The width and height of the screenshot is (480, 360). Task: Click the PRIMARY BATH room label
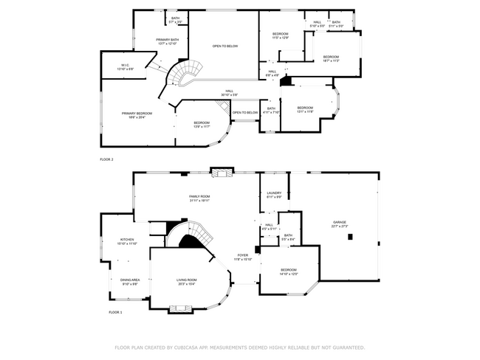click(168, 39)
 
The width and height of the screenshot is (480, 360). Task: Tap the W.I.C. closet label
click(126, 65)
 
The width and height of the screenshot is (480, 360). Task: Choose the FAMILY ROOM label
click(199, 196)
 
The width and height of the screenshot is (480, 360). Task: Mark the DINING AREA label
click(130, 280)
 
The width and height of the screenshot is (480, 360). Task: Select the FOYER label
click(243, 255)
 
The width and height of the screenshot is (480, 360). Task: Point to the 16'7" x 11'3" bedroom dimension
click(330, 60)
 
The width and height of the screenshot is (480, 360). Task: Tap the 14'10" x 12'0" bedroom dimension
click(288, 274)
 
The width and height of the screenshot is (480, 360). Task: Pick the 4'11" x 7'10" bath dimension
click(271, 112)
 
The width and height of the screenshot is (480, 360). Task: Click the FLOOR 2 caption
click(107, 159)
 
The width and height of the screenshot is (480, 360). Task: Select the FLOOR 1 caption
click(115, 312)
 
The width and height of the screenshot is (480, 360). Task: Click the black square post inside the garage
click(351, 237)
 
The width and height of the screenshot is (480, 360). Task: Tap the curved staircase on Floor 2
click(185, 75)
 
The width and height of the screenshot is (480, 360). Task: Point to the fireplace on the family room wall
click(222, 172)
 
